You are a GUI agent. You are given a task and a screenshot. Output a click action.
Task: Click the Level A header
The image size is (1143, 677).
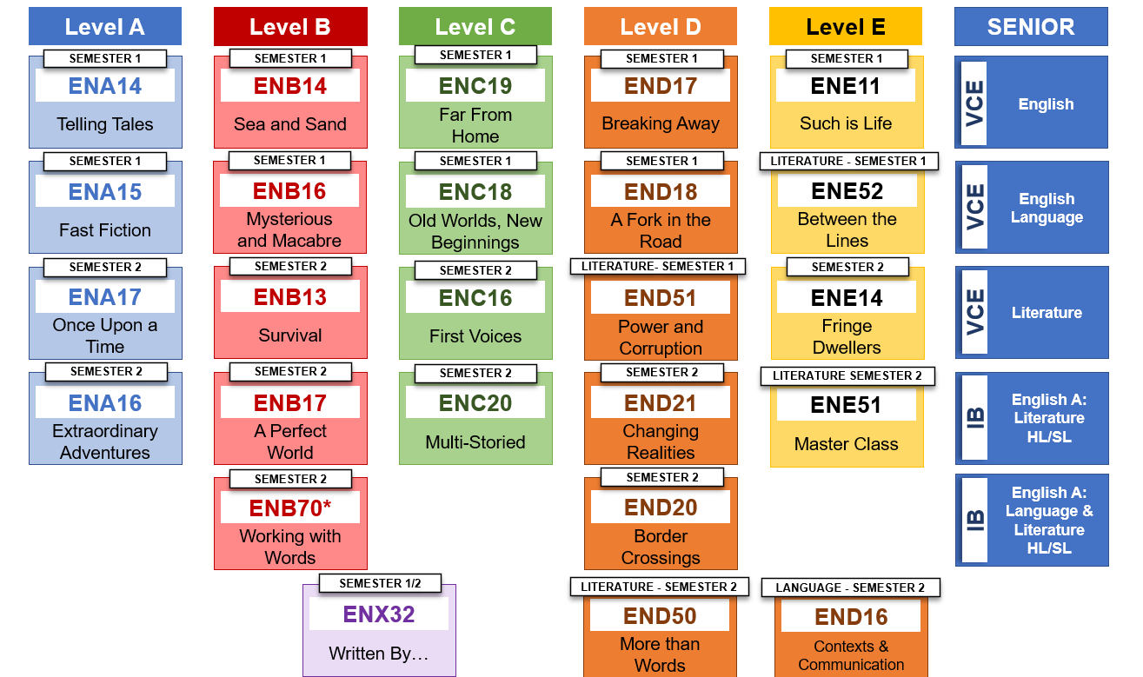104,27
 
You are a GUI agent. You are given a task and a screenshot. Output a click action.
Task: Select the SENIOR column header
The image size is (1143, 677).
1031,27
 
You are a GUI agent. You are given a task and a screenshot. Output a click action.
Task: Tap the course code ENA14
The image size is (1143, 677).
105,86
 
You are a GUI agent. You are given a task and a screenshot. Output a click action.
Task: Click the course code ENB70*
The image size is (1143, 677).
290,508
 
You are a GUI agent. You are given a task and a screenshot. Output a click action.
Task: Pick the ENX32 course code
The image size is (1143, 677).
379,614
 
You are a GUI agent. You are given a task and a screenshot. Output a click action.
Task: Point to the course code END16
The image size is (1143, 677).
851,617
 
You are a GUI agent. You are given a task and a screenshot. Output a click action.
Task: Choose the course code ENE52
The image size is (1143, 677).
847,191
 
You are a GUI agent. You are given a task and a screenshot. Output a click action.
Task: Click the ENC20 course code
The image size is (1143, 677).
475,403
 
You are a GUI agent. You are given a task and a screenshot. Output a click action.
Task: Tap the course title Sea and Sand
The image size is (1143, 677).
290,124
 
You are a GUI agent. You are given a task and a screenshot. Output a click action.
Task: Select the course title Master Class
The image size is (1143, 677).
847,444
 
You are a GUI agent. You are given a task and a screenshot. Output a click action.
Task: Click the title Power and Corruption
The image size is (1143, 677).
661,337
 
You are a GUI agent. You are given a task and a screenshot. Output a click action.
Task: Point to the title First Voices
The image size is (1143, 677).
475,336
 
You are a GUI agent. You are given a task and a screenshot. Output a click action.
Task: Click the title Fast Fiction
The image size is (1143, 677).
105,230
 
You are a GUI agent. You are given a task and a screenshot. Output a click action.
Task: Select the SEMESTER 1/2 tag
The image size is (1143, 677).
379,583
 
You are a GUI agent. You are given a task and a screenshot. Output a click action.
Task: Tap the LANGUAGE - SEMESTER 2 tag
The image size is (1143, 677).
851,587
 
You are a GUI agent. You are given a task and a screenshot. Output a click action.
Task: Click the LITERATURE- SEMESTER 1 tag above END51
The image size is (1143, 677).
658,266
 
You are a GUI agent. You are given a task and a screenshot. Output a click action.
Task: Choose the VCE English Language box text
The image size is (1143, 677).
1047,209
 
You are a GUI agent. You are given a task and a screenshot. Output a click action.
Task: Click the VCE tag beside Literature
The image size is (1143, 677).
975,312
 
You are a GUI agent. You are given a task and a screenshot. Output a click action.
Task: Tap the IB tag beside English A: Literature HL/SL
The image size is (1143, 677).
975,418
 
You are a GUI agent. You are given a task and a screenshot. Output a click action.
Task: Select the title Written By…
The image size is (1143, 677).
379,654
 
